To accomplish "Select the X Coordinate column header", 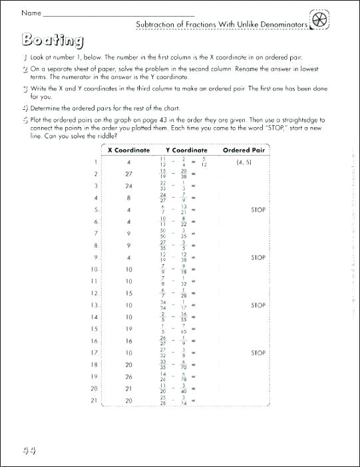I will pyautogui.click(x=129, y=150).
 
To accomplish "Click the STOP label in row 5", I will pyautogui.click(x=258, y=210).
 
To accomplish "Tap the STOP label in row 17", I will pyautogui.click(x=258, y=353).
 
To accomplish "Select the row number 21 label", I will pyautogui.click(x=94, y=400).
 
